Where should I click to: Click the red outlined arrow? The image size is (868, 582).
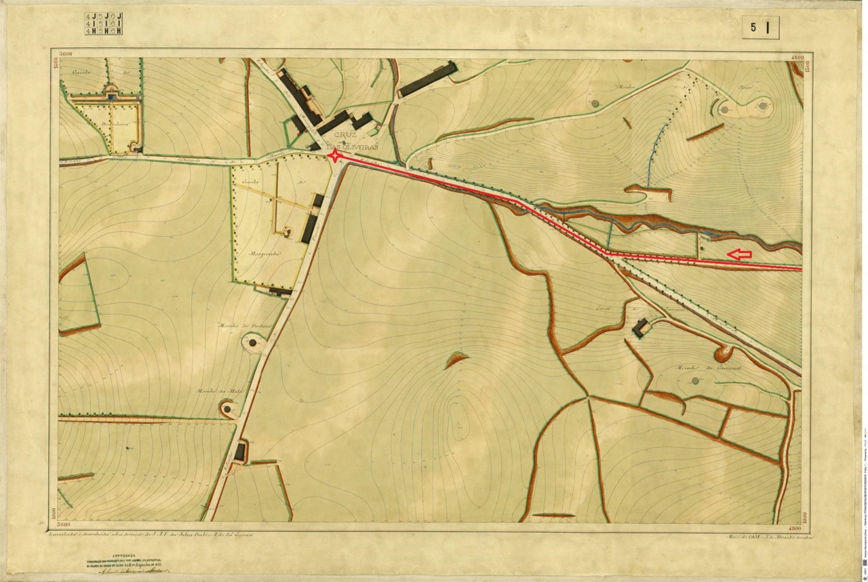[x=740, y=254]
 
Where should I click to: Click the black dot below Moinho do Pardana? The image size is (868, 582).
[x=253, y=343]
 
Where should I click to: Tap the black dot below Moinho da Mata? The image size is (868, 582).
[x=226, y=409]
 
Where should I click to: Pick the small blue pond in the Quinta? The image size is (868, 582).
[x=109, y=98]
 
